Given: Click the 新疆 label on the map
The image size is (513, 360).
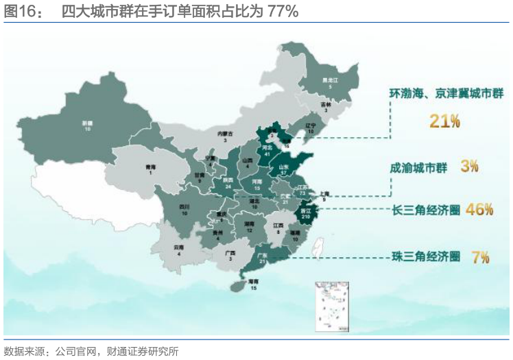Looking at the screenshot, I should click(x=88, y=123).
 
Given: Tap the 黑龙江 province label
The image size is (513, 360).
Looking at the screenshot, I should click(x=330, y=81).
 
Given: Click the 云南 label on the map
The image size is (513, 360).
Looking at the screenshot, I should click(x=179, y=247).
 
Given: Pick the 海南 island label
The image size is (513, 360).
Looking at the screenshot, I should click(x=253, y=282).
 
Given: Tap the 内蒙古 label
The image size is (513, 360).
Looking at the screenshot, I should click(x=226, y=133).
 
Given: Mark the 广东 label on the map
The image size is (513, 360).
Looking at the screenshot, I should click(x=261, y=255).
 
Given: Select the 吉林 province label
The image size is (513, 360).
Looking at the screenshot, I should click(x=326, y=105).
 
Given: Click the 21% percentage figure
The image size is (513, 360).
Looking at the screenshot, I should click(x=444, y=121).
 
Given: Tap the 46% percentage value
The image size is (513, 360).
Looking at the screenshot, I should click(x=479, y=210).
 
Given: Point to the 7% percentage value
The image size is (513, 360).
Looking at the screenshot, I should click(x=480, y=257).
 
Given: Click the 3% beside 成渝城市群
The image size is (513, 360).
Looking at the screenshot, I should click(x=469, y=166).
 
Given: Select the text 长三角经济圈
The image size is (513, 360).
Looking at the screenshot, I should click(x=424, y=210).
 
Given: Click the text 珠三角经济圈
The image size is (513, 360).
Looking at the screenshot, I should click(x=424, y=257).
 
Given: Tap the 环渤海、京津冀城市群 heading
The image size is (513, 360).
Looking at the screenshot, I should click(x=446, y=94).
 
